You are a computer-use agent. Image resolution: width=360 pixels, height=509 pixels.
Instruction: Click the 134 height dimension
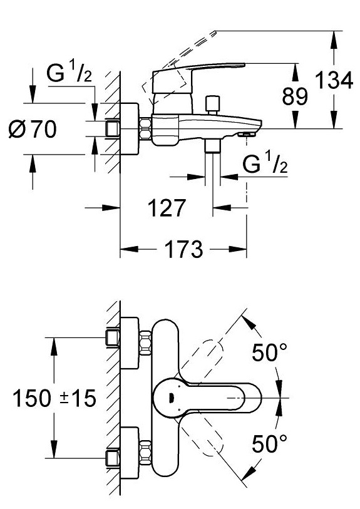(334, 80)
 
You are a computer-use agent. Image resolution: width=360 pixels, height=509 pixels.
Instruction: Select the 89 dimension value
(295, 96)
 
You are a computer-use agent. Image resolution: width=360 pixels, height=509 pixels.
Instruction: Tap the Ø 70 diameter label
(33, 129)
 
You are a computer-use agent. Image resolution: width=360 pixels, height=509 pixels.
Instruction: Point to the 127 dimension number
(167, 208)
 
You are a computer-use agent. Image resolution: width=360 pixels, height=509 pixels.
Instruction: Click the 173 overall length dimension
(183, 249)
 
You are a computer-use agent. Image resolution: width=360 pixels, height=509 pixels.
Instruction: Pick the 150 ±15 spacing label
(54, 398)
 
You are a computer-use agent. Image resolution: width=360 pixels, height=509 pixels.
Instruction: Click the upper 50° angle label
(270, 352)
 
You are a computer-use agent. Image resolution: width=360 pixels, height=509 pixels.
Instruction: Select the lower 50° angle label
(270, 444)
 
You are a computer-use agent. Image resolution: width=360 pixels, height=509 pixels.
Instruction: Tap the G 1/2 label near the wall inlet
(69, 73)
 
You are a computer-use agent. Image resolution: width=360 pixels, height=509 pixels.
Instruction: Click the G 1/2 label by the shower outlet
(265, 164)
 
